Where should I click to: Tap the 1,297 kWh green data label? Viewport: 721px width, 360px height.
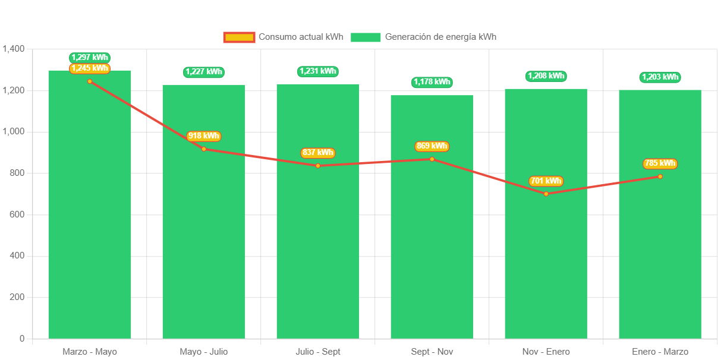pos(90,58)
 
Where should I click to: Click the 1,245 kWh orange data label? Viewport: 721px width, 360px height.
pos(90,68)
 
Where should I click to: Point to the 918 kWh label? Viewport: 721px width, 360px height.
pos(204,136)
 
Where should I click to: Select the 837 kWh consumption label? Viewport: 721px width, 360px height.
pos(318,153)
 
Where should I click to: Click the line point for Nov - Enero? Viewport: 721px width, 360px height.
pos(546,194)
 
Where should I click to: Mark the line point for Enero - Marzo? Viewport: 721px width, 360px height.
pos(660,176)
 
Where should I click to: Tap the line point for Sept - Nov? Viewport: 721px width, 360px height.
pos(432,159)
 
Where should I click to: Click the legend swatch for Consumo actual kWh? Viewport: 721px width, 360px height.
pos(239,37)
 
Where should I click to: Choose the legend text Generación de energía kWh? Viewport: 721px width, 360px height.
pos(440,37)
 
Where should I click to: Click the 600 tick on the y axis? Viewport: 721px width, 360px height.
pos(17,214)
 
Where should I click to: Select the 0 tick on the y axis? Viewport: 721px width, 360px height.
pos(22,338)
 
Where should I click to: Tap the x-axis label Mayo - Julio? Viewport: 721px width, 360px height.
pos(204,352)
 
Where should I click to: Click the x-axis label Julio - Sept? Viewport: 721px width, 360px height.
pos(318,352)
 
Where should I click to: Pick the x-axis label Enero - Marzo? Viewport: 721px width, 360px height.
pos(660,352)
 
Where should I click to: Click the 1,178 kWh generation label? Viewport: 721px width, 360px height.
pos(432,82)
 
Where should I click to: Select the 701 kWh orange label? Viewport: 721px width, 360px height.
pos(546,181)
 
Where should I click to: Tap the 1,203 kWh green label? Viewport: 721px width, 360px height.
pos(660,77)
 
